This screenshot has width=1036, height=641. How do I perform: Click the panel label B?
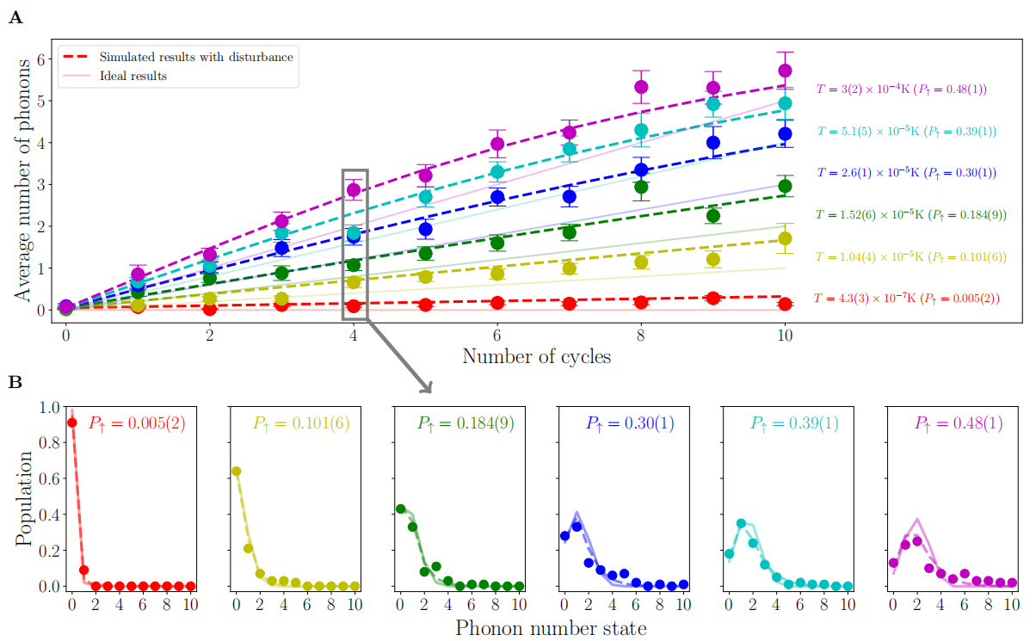[15, 381]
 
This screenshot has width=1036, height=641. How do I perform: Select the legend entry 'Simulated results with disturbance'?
[196, 58]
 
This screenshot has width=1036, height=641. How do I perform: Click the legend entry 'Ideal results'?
[133, 76]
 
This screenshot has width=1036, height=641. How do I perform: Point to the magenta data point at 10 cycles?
[785, 71]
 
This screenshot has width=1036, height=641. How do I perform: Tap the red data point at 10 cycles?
[785, 304]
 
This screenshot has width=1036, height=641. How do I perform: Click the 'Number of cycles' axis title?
[536, 356]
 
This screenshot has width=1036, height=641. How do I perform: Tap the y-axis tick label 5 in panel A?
[40, 100]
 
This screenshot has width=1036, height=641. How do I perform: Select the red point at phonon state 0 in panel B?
[72, 422]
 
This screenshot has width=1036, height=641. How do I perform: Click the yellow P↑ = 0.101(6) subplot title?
[301, 423]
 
